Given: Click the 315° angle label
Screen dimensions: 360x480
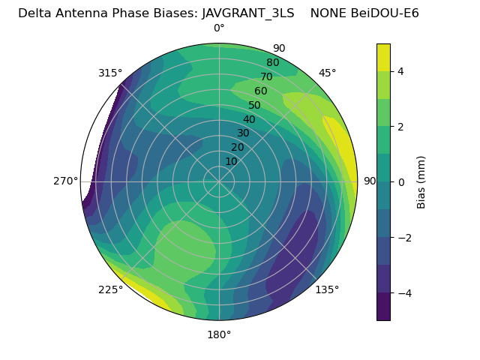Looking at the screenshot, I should tap(110, 73).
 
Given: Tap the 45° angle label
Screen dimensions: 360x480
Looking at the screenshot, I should tap(328, 73).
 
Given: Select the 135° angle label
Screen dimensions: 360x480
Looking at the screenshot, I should tap(327, 289).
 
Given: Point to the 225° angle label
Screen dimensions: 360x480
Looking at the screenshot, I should tap(110, 290).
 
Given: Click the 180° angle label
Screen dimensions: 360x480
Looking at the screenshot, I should tap(219, 334).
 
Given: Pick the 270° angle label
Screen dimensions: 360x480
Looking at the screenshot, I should tap(66, 181).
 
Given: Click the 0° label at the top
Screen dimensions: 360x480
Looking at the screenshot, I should tap(219, 28).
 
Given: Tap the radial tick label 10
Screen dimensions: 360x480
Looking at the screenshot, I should tap(231, 161).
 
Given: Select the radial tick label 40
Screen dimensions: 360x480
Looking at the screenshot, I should tap(249, 120).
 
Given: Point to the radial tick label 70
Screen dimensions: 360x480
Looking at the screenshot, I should tap(267, 76).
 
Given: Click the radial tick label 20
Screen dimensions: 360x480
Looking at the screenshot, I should tap(237, 147).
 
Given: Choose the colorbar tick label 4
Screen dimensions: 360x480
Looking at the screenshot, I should tap(401, 71).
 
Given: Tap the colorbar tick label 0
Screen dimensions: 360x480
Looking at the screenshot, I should tap(401, 181).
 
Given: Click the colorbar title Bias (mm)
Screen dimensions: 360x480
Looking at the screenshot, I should tap(421, 181).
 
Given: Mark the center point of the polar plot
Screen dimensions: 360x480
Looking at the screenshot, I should tap(219, 181).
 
